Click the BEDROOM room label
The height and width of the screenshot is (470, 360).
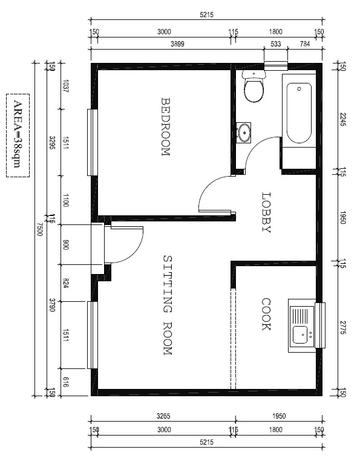(166, 126)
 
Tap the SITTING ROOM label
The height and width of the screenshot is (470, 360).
(168, 305)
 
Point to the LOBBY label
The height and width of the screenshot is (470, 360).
(266, 212)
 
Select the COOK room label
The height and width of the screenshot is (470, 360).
(266, 314)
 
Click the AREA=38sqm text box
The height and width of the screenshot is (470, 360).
(18, 135)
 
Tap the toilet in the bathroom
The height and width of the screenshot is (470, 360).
(254, 86)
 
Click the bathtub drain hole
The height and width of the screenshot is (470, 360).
(299, 89)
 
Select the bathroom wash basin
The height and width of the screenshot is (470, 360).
(243, 132)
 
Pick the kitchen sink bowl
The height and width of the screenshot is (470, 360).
(301, 335)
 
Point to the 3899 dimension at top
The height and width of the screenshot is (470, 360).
(177, 44)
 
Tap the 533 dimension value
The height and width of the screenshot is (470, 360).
(276, 44)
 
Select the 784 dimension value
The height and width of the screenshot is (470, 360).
(305, 44)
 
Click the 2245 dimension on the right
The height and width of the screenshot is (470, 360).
(344, 119)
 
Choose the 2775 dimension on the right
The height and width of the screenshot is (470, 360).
(344, 328)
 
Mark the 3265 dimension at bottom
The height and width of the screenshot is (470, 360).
(163, 416)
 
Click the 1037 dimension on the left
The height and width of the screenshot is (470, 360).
(66, 86)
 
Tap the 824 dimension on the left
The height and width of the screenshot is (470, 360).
(66, 283)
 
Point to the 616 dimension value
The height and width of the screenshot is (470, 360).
(66, 382)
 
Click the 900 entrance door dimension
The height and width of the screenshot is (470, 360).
(66, 244)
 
